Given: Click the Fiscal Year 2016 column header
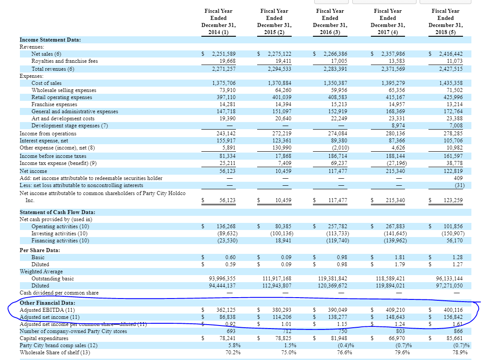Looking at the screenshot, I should coord(330,21).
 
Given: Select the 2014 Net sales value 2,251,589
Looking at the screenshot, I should coord(223,54).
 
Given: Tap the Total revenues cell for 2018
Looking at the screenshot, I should coord(451,69).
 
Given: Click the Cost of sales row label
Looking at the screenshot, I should coord(46,83).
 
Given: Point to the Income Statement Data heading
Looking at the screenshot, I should coord(50,40).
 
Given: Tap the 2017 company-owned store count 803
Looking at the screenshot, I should coord(400,331).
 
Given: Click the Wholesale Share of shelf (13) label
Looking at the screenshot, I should coord(54,352).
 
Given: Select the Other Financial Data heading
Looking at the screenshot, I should coord(47,303).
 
